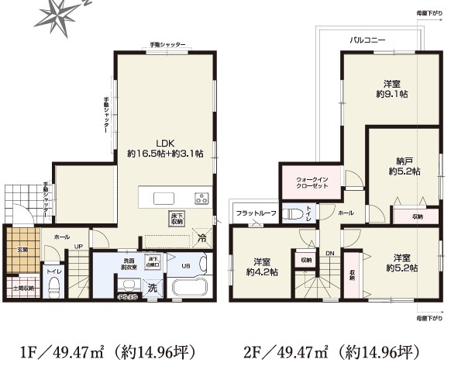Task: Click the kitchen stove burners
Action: (201, 198)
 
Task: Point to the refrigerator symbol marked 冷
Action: (202, 238)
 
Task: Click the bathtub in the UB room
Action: (190, 287)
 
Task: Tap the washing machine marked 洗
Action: (152, 289)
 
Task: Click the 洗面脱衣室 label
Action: (129, 264)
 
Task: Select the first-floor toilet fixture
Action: (54, 289)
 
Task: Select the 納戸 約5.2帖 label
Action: (404, 165)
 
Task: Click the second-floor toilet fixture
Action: (293, 213)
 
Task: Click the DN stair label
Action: (329, 253)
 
